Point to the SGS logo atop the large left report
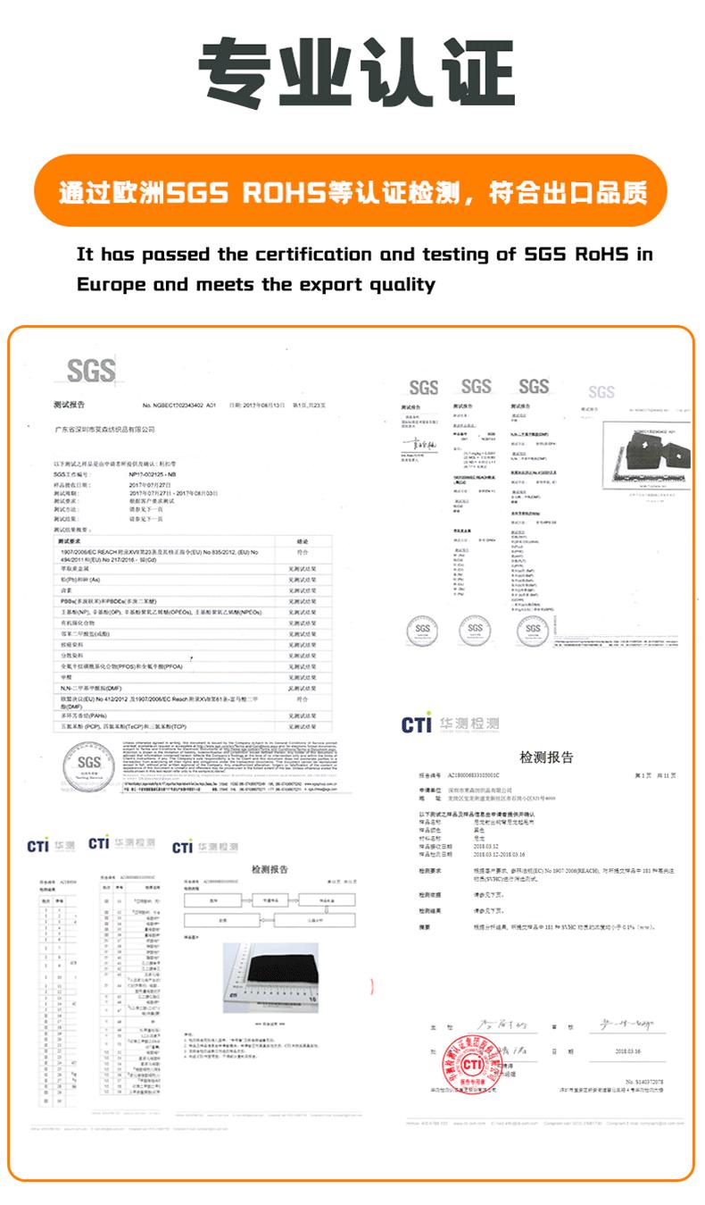[92, 371]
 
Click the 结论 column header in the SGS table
[303, 540]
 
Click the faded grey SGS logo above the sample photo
[601, 392]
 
